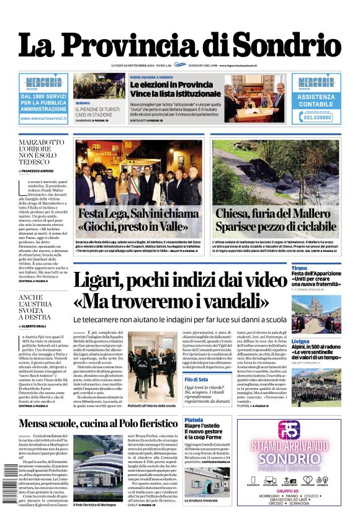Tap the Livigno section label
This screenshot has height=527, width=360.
tap(301, 341)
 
